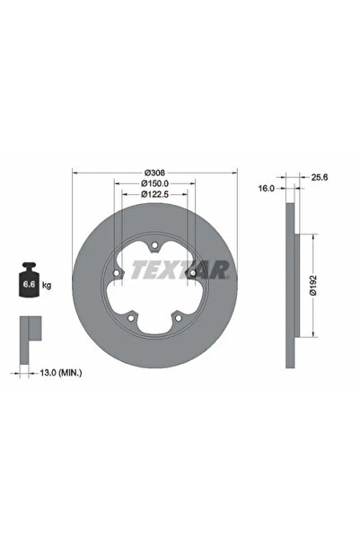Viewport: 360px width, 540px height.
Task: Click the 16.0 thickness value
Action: click(x=267, y=190)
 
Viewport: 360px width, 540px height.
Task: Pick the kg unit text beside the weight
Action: click(x=47, y=285)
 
